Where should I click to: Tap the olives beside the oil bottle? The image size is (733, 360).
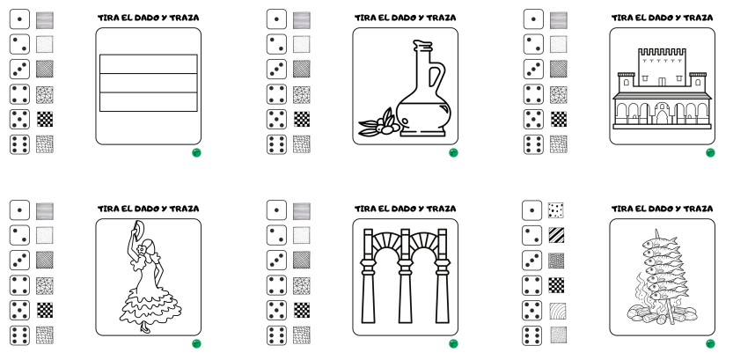pos(376,126)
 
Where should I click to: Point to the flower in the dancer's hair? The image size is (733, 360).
pos(143,244)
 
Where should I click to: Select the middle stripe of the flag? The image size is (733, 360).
pos(148,83)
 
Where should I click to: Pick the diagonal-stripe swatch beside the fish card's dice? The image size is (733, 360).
pos(556,235)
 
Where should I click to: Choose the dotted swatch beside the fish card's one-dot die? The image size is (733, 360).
pos(556,209)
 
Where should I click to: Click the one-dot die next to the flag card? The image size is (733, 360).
pos(19,19)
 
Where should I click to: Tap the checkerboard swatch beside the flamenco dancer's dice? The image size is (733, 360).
pos(45,310)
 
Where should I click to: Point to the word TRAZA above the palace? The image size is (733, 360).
pos(699,18)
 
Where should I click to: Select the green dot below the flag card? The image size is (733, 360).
pos(196,152)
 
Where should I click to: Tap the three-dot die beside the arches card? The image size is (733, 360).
pos(276,260)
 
